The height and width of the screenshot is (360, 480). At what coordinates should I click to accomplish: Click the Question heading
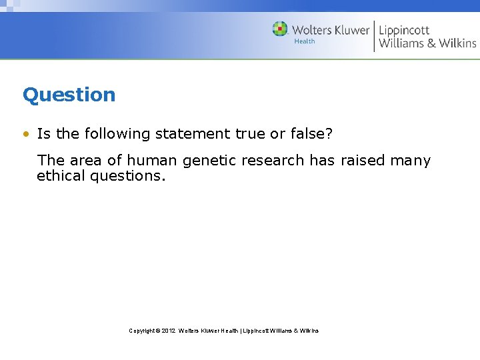pyautogui.click(x=69, y=95)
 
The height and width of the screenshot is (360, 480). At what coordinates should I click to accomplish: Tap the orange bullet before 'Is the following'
pyautogui.click(x=25, y=134)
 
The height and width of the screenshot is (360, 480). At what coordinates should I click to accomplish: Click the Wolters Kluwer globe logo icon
pyautogui.click(x=280, y=29)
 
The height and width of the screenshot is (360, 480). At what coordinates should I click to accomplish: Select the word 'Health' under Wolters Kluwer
pyautogui.click(x=304, y=41)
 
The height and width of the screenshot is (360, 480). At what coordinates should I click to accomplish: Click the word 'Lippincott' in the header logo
pyautogui.click(x=404, y=30)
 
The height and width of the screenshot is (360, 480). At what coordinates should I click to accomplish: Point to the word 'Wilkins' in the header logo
pyautogui.click(x=457, y=43)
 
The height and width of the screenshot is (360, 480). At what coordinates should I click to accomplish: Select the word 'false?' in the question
pyautogui.click(x=309, y=134)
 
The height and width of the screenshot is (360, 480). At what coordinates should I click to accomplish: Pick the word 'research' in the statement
pyautogui.click(x=266, y=161)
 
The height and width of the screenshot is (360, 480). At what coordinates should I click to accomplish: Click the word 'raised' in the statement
pyautogui.click(x=362, y=161)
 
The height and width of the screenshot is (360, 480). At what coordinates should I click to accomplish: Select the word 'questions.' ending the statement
pyautogui.click(x=127, y=177)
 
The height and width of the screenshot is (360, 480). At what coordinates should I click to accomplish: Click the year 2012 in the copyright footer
pyautogui.click(x=168, y=331)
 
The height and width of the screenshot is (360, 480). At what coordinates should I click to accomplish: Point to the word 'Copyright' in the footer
pyautogui.click(x=141, y=331)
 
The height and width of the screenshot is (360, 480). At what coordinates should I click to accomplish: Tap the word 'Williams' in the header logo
pyautogui.click(x=401, y=43)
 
